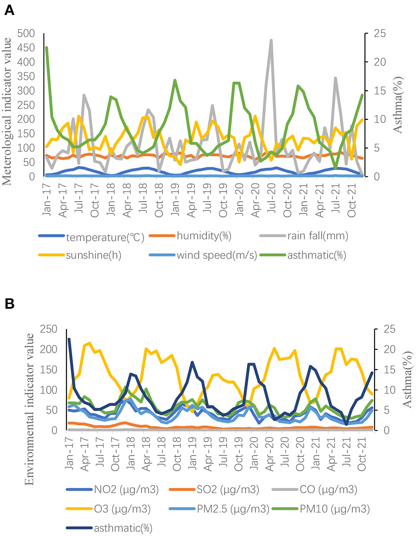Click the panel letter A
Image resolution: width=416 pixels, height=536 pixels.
click(x=9, y=11)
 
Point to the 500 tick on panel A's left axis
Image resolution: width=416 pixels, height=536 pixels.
click(x=26, y=33)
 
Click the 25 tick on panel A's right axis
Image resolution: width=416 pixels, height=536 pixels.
click(x=375, y=33)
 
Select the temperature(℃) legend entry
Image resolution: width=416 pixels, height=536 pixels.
click(x=105, y=238)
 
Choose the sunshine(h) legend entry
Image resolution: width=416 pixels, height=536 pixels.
click(x=94, y=256)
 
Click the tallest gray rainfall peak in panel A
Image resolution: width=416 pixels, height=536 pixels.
click(x=271, y=41)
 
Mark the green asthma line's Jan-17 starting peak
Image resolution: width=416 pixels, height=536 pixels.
click(x=47, y=48)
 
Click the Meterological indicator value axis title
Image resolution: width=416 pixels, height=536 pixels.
click(x=8, y=105)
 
